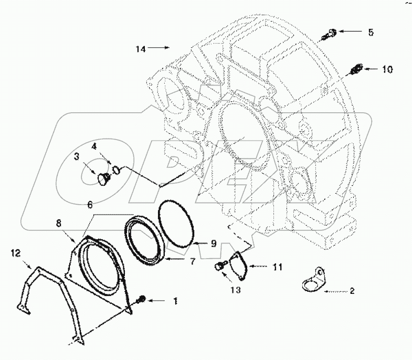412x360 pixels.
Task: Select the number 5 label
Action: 371,33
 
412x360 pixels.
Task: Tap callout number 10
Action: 387,69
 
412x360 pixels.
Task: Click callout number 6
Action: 90,204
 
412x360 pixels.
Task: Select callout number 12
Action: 15,254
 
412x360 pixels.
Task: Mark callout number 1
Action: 176,301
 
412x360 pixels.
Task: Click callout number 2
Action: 352,290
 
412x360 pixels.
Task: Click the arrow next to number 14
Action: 159,48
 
